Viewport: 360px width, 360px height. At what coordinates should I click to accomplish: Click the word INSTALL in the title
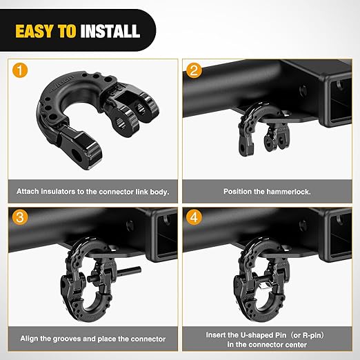110,31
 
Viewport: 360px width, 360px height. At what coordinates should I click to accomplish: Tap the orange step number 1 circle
21,70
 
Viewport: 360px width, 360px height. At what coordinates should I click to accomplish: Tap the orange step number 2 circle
195,70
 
